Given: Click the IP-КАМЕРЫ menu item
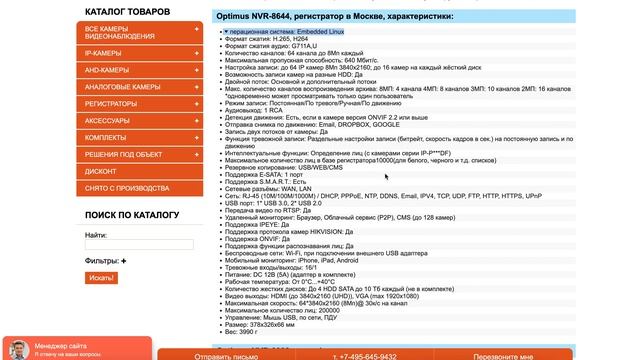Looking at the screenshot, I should [103, 52].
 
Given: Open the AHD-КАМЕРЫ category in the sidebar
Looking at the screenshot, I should [106, 70].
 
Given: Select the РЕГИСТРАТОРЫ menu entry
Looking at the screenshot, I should [111, 103].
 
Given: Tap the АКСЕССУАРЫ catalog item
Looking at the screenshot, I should [107, 120].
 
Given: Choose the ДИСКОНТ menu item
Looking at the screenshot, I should [101, 171].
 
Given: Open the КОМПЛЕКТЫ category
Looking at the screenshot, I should [106, 137].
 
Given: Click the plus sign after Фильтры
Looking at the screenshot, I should [123, 261].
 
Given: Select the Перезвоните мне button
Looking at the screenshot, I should [503, 356].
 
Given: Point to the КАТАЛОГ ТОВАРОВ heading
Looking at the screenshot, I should [127, 12].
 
